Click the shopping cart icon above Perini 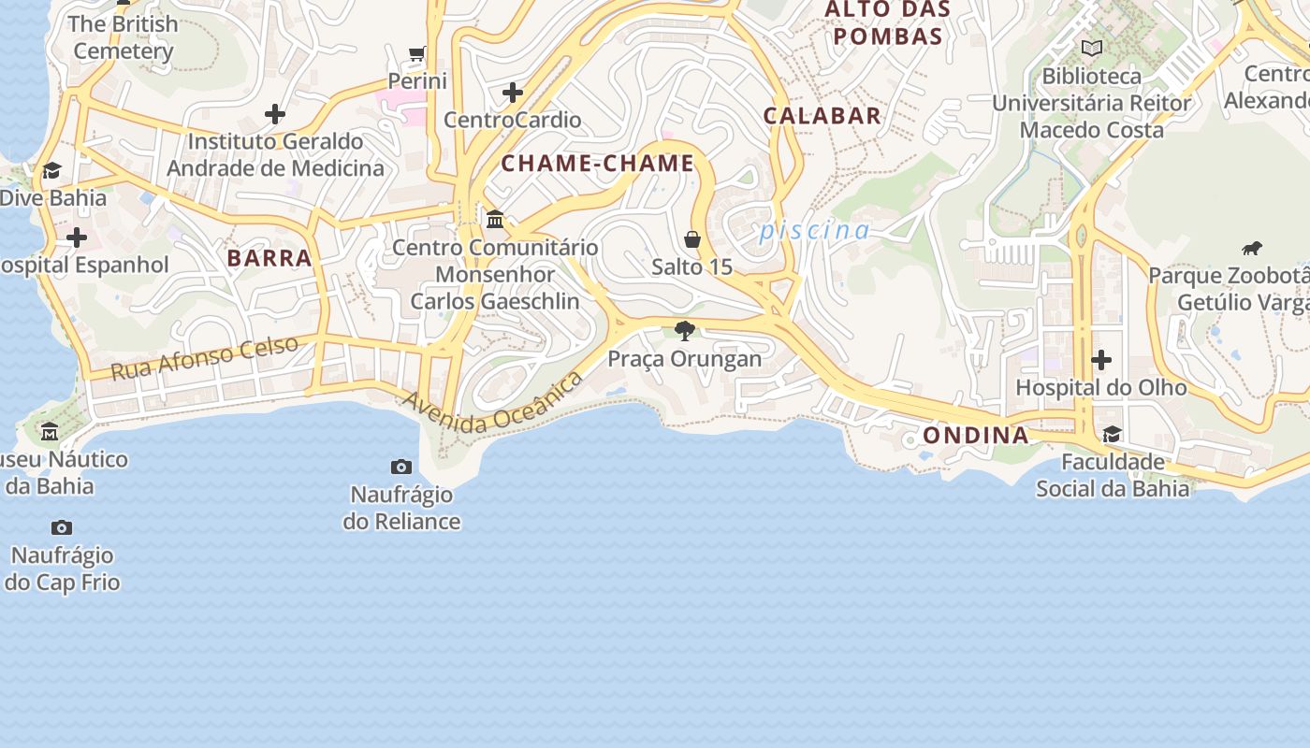click(416, 53)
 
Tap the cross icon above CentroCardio click(512, 93)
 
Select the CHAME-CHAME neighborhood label click(598, 164)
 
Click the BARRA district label click(269, 258)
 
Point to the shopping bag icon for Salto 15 click(692, 239)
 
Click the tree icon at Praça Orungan click(685, 330)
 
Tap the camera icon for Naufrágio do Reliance click(401, 467)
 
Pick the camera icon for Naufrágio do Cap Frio click(62, 528)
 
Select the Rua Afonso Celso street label click(205, 357)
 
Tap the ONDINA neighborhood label click(976, 435)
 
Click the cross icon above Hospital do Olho click(1101, 360)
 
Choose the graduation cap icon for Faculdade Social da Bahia click(1112, 435)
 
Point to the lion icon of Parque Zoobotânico click(1251, 249)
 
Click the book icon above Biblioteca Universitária click(1091, 48)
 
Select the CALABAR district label click(822, 116)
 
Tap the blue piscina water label click(814, 230)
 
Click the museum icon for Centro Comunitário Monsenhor click(495, 220)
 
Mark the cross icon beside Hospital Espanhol click(77, 237)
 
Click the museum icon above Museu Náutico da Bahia click(50, 432)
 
